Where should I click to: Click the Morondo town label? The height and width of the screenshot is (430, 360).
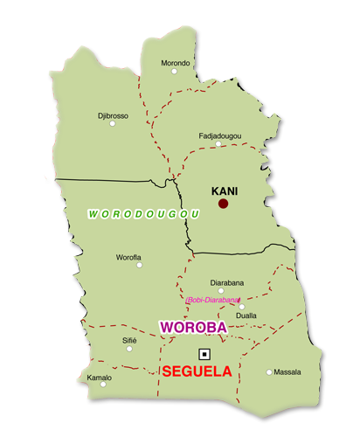point(176,63)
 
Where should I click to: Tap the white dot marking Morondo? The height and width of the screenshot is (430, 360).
point(174,72)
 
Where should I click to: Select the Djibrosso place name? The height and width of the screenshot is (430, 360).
point(113,114)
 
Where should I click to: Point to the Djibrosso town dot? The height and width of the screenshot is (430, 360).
point(112,123)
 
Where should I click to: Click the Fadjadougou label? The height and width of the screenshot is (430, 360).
point(220,135)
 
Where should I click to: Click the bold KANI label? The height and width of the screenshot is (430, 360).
point(225,190)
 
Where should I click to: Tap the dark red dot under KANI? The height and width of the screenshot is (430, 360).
point(223,204)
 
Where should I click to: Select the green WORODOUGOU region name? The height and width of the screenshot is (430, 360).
point(144,213)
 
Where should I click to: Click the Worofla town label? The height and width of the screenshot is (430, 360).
point(128,257)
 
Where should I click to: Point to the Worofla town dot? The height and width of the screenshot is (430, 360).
point(140,265)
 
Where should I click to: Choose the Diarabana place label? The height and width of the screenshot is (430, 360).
point(227,282)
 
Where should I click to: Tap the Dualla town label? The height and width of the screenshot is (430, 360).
point(246,316)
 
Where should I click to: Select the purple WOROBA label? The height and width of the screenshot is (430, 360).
point(192,327)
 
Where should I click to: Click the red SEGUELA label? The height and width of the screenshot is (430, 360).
point(197,371)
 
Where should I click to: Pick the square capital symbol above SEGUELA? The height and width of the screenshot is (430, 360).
point(204,354)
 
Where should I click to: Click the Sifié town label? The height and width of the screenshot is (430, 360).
point(129,339)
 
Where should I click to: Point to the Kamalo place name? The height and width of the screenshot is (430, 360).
point(100,377)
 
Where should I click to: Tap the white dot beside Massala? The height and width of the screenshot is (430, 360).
point(269,372)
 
